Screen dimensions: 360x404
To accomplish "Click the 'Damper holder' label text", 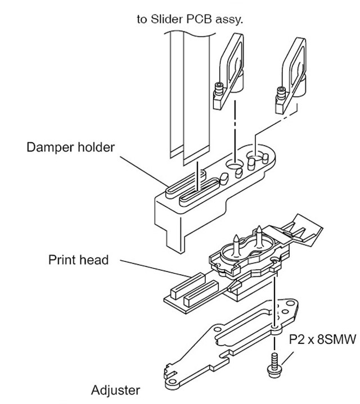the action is [x=70, y=147].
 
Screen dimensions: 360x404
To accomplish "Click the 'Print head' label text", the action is [x=78, y=260].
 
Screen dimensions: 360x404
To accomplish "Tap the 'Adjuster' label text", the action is [x=115, y=390].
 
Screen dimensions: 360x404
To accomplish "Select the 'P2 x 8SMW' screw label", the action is [x=322, y=339].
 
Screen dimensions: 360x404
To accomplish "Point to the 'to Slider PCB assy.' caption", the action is [x=190, y=19].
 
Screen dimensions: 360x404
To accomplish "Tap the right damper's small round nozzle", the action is [x=281, y=93].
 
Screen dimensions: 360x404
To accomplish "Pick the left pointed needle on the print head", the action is [x=236, y=244].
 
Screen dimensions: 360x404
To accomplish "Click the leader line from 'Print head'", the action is [x=155, y=269].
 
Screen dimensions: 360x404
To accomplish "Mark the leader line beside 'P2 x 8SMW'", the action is [x=287, y=358].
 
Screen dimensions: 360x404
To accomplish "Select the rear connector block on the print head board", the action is [x=187, y=286].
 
